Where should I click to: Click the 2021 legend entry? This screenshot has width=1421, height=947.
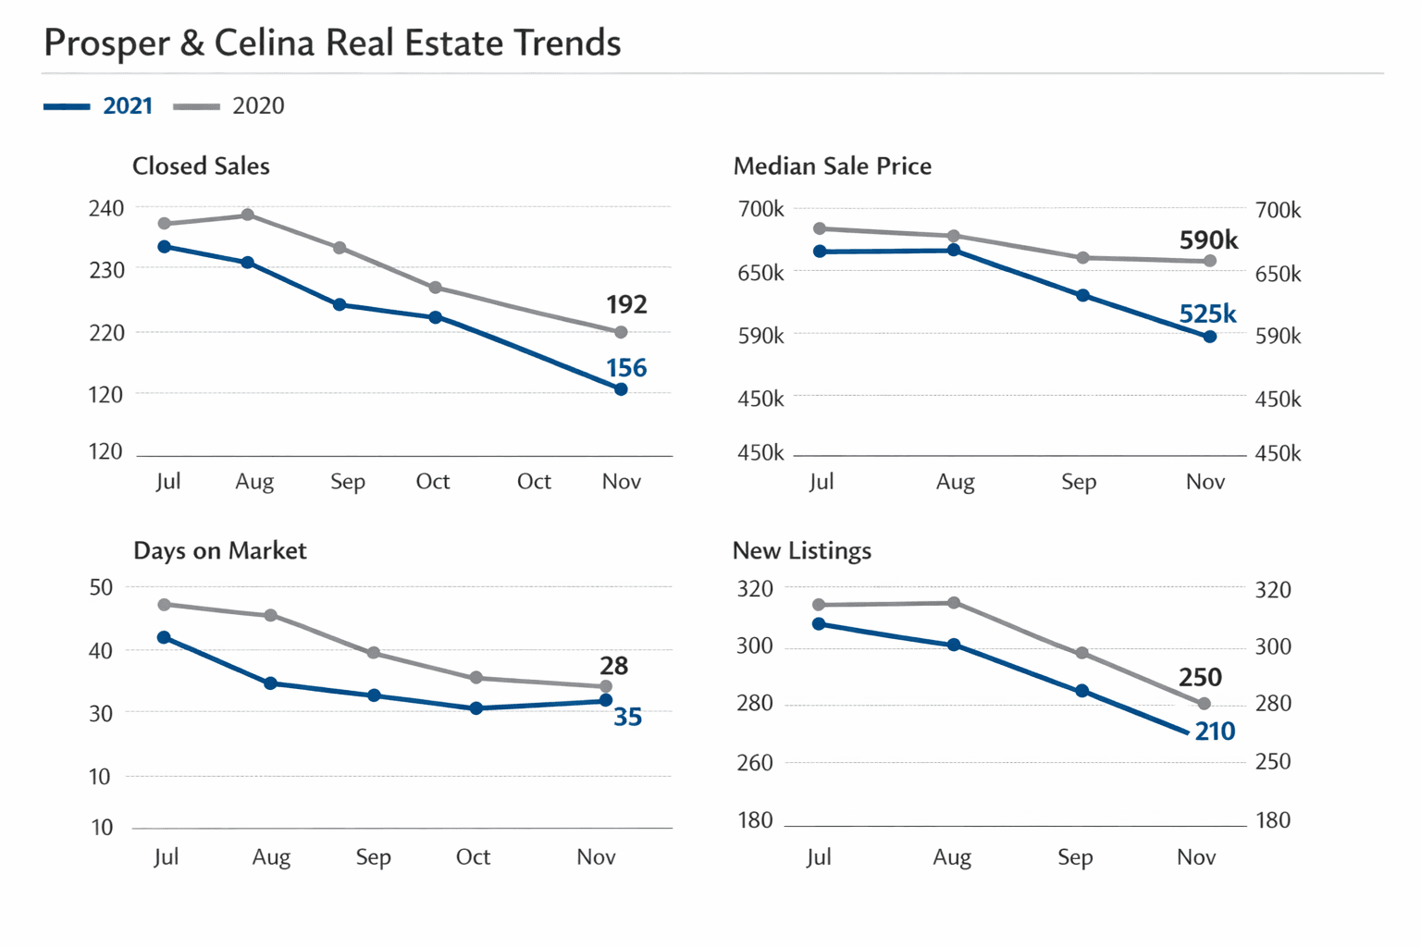pyautogui.click(x=127, y=106)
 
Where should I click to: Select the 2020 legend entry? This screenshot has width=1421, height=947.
pyautogui.click(x=257, y=106)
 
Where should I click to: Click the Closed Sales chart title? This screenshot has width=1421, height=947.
pyautogui.click(x=201, y=166)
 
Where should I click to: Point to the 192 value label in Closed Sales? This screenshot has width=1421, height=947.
pyautogui.click(x=626, y=304)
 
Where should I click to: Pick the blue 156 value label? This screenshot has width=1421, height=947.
pyautogui.click(x=626, y=368)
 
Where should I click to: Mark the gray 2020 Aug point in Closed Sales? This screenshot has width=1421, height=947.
pyautogui.click(x=248, y=215)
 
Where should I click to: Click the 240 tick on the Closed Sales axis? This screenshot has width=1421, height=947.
pyautogui.click(x=106, y=208)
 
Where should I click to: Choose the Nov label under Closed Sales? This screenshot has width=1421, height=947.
pyautogui.click(x=621, y=482)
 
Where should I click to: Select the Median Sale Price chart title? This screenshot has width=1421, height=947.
pyautogui.click(x=832, y=166)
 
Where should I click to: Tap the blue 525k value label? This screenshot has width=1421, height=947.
pyautogui.click(x=1207, y=314)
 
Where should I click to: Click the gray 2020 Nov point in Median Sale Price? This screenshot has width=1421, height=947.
pyautogui.click(x=1210, y=261)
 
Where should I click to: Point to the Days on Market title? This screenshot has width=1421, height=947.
pyautogui.click(x=219, y=551)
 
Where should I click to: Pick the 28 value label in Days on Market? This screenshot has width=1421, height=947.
pyautogui.click(x=613, y=666)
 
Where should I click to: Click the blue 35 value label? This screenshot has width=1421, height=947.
pyautogui.click(x=627, y=717)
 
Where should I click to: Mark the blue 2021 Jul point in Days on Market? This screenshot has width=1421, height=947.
pyautogui.click(x=164, y=637)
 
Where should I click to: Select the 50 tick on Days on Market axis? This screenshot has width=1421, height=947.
pyautogui.click(x=102, y=587)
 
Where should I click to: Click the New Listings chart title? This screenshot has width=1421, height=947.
pyautogui.click(x=801, y=551)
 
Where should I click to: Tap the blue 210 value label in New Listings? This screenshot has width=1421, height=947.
pyautogui.click(x=1215, y=732)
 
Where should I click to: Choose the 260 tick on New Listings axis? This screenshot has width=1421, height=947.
pyautogui.click(x=755, y=763)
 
